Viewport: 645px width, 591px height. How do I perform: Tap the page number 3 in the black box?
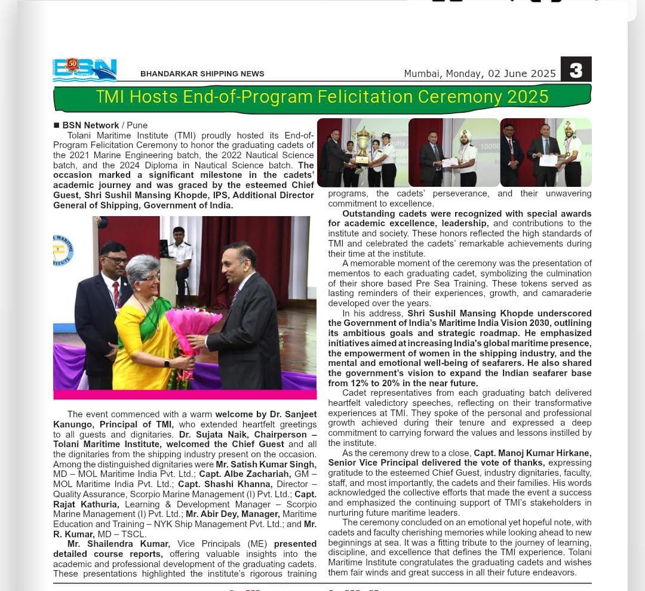[x=576, y=70]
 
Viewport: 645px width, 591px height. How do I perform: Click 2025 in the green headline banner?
[x=528, y=96]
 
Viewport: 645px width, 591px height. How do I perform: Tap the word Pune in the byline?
[x=137, y=125]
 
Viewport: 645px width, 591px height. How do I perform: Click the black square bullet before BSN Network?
[x=57, y=125]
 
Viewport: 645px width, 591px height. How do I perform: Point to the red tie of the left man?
[x=116, y=292]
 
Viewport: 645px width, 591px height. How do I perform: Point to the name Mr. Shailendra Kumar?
[x=119, y=544]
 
